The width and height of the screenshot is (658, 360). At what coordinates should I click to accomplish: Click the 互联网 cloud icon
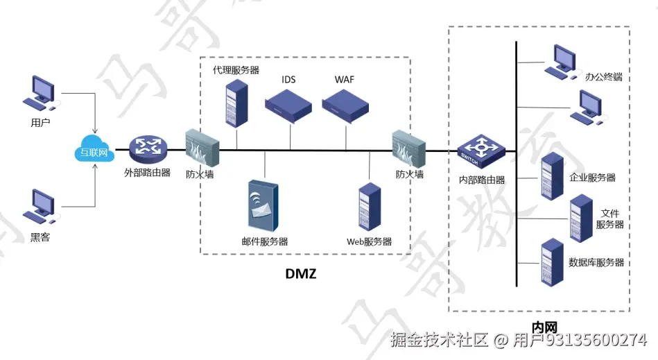point(94,151)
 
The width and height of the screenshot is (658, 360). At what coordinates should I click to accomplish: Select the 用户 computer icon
point(40,95)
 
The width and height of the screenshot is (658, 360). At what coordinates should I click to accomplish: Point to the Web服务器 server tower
point(369,207)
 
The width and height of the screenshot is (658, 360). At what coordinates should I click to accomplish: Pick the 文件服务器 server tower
point(581,218)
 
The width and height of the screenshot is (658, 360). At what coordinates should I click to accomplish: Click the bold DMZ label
point(301,273)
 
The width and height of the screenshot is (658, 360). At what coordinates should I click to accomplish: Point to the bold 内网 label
point(544,327)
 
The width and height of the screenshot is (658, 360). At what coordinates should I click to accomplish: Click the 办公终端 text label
point(603,77)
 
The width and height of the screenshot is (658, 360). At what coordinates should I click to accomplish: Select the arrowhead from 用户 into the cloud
point(94,132)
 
